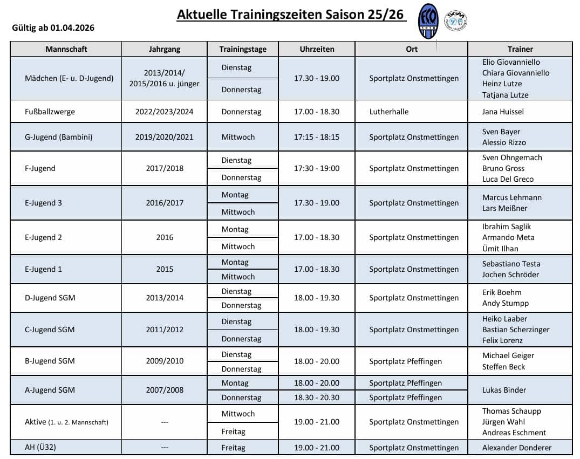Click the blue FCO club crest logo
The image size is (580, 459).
point(428,22)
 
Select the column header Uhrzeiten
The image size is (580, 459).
point(317,49)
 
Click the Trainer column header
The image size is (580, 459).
point(520,49)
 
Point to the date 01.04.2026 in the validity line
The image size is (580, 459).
point(72,28)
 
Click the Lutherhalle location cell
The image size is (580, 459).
point(389,112)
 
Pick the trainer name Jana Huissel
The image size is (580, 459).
point(503,112)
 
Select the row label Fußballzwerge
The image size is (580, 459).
point(50,112)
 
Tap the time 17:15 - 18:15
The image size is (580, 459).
point(317,137)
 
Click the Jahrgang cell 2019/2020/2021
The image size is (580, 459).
point(164,137)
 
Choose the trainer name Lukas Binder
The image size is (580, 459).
point(504,390)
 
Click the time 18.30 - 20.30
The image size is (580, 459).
point(317,398)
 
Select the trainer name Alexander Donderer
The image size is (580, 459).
point(517,448)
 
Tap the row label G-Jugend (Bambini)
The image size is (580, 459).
point(59,137)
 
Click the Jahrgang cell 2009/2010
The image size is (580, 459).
point(164,361)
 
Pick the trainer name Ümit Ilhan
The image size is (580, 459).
point(500,249)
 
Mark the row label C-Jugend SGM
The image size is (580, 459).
point(50,330)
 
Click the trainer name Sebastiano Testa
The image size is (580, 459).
point(511,264)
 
